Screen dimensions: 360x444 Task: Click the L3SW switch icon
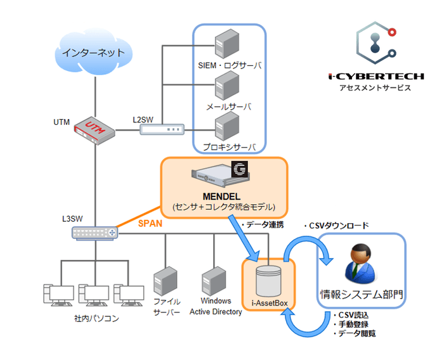point(95,233)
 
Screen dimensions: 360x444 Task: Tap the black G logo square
point(240,169)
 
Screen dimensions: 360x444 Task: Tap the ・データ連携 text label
point(261,225)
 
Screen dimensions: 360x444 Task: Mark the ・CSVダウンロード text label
point(336,225)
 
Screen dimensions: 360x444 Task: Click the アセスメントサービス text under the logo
point(375,88)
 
